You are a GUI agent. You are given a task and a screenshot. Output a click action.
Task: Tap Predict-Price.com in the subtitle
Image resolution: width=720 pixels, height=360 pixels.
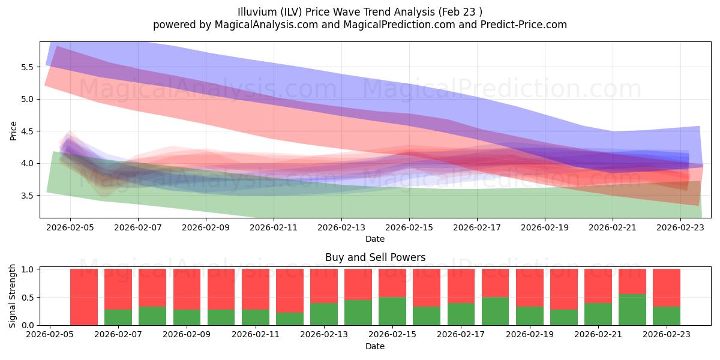522,25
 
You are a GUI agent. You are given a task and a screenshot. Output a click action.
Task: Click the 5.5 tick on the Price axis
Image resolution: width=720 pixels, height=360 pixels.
28,67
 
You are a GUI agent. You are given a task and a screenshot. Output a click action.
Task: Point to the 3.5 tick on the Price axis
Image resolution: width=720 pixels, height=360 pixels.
28,196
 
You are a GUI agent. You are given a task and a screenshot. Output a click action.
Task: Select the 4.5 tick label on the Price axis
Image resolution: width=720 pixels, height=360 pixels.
28,131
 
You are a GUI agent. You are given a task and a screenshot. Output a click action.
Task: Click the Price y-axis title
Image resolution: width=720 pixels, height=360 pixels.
13,130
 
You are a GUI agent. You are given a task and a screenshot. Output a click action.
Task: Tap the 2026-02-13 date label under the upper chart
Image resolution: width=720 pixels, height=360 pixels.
341,228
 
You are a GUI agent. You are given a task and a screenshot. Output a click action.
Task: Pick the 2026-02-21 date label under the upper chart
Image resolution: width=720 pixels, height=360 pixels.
613,228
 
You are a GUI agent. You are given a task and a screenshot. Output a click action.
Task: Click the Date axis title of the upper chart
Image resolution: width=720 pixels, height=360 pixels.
375,239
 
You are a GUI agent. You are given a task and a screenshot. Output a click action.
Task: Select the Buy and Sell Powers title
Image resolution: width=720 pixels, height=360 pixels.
375,257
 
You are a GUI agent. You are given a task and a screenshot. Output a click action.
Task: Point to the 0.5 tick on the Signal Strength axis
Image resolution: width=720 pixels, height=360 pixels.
28,298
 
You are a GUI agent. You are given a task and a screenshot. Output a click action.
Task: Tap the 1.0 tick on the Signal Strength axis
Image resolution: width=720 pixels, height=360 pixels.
28,269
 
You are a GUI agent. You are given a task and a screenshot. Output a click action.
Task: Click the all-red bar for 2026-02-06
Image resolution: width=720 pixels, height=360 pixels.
84,297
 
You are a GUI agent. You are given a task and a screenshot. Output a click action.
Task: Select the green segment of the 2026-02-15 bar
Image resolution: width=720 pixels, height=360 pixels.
392,311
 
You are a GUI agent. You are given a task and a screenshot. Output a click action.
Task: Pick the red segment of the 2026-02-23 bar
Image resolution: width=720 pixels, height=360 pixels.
667,287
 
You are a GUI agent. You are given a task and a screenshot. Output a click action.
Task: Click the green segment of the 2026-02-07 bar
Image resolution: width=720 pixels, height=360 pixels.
118,317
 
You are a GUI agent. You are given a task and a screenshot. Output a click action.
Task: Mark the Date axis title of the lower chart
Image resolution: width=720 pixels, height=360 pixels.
375,346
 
